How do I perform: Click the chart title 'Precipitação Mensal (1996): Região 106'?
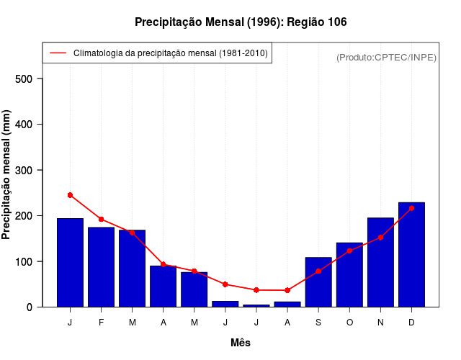241,22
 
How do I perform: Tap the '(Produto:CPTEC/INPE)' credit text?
386,58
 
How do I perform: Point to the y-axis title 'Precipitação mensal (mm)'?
6,174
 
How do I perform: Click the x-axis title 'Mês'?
241,343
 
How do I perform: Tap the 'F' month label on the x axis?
102,323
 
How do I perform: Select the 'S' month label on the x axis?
318,323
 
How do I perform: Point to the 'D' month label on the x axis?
411,323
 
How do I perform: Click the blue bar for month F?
102,267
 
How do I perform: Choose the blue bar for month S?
318,282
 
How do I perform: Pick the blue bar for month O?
349,275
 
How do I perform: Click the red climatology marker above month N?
380,238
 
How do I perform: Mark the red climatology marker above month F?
102,219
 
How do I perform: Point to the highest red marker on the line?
70,195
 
